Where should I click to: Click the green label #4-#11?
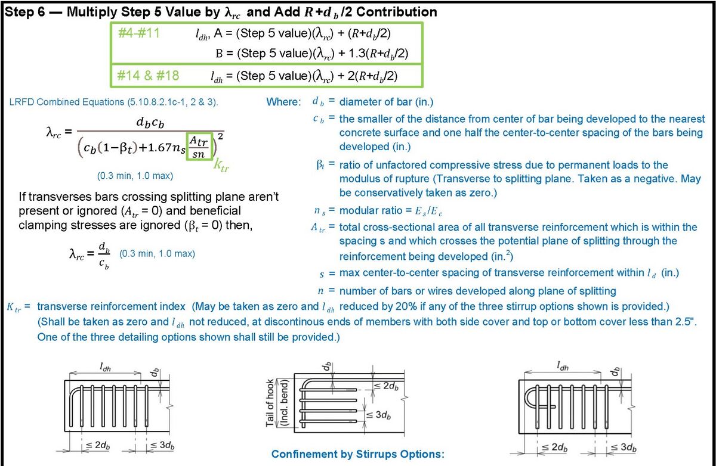tap(138, 34)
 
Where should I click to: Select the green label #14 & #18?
tap(148, 75)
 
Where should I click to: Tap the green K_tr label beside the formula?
tap(221, 165)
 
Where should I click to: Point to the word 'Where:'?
tap(283, 102)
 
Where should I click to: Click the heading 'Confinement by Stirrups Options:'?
tap(358, 455)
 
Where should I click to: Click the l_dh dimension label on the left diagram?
tap(104, 368)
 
